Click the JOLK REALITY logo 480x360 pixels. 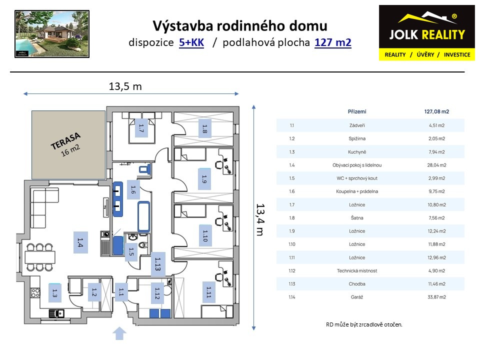point(426,32)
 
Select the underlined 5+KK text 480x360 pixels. point(191,42)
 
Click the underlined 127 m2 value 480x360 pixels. point(333,42)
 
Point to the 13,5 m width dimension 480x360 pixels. point(125,86)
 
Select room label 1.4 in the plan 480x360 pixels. point(80,243)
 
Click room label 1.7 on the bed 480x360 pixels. point(141,128)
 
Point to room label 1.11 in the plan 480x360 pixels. point(208,291)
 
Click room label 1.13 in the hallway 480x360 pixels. point(157,263)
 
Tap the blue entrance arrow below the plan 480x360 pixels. point(119,333)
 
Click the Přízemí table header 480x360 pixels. point(357,111)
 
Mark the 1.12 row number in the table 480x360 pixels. point(292,270)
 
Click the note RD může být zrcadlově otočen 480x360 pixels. point(363,324)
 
